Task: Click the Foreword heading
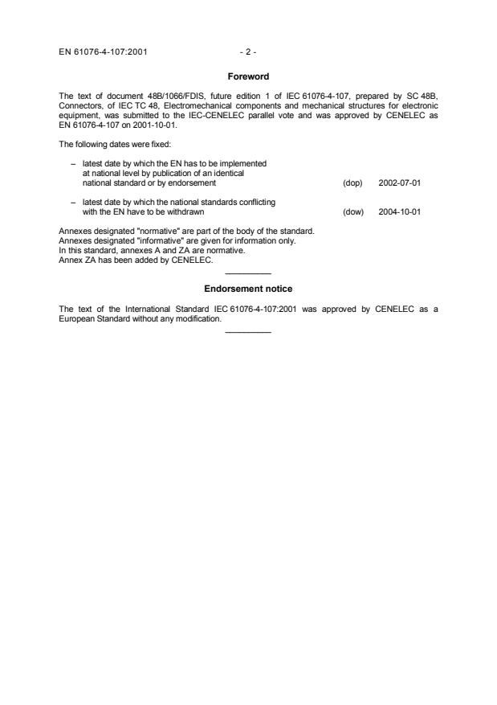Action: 248,77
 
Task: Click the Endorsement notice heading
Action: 248,289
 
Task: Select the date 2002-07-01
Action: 400,182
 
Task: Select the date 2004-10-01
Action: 400,212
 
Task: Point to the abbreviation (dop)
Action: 352,182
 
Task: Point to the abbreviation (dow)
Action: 352,212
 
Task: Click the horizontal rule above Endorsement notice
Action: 248,273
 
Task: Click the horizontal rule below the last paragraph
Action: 248,333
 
